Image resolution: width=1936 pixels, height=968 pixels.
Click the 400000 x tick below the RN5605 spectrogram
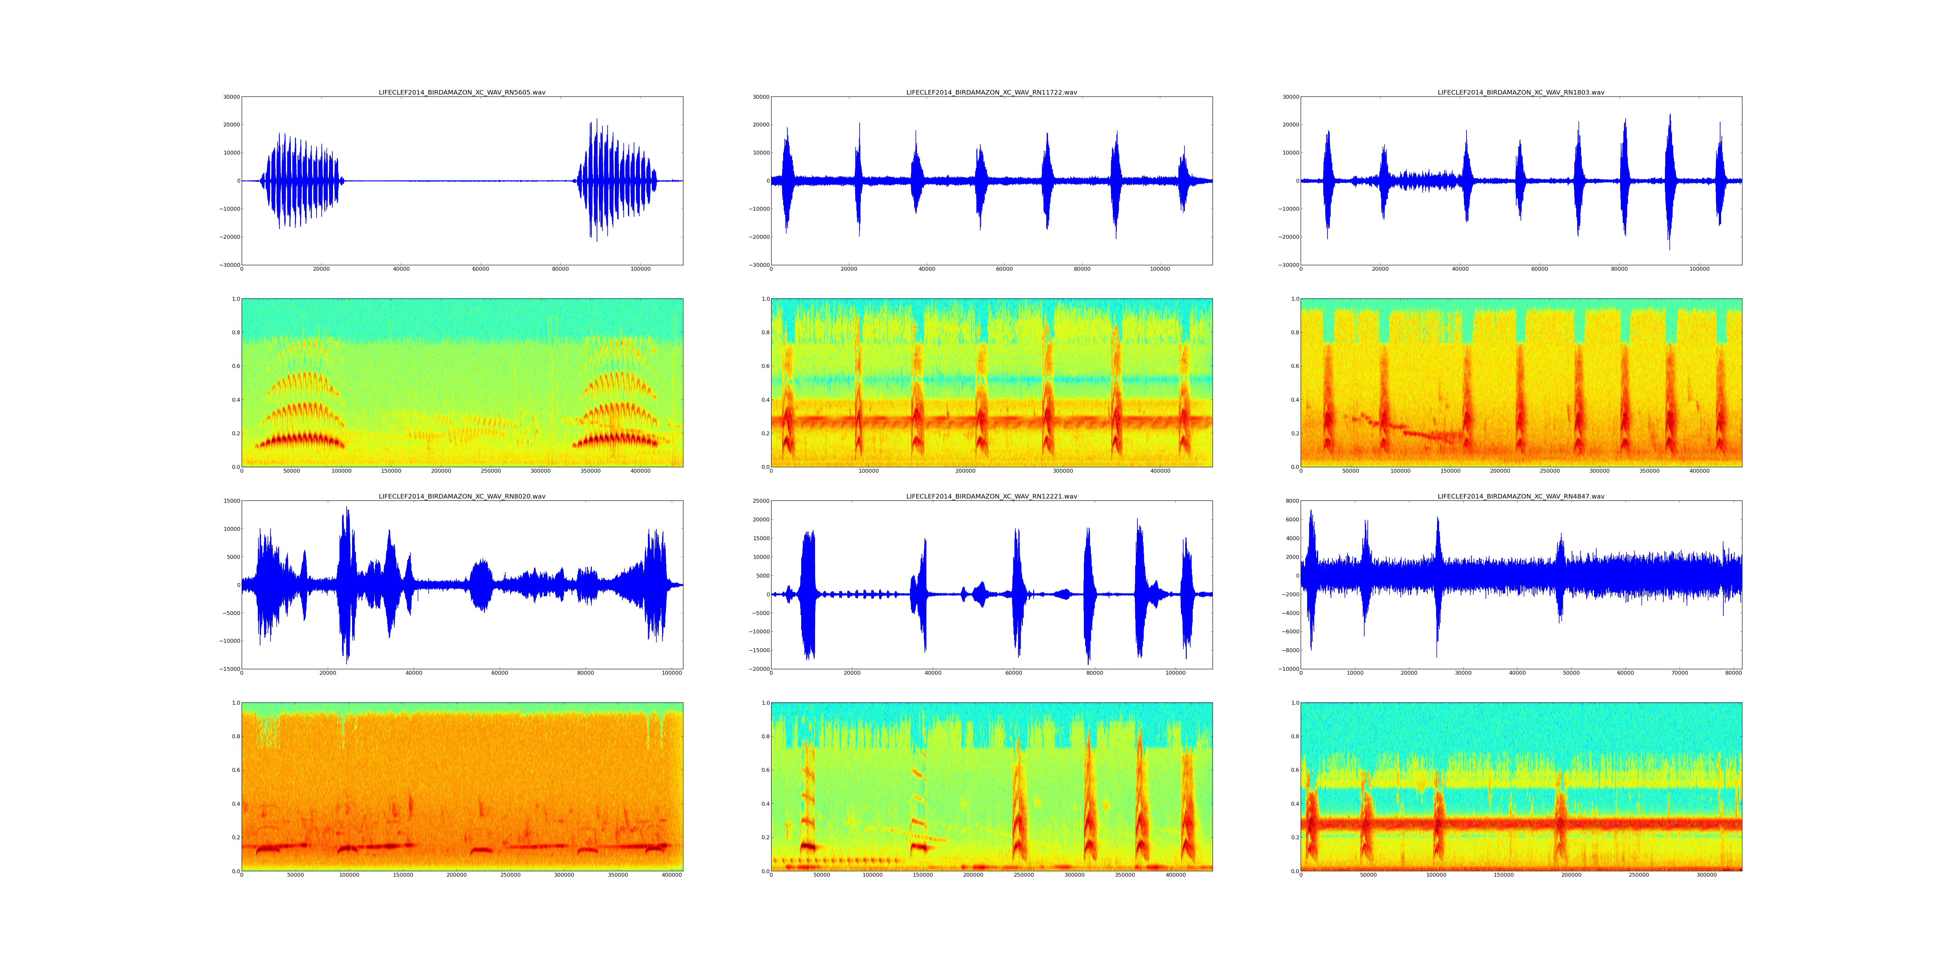[640, 471]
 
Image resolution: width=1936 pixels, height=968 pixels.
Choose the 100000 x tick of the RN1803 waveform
[1699, 269]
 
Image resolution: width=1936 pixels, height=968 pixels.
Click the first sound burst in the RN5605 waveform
[301, 180]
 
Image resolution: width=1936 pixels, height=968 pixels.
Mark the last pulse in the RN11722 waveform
[1184, 180]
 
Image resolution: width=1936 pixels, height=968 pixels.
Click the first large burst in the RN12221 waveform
[808, 594]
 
